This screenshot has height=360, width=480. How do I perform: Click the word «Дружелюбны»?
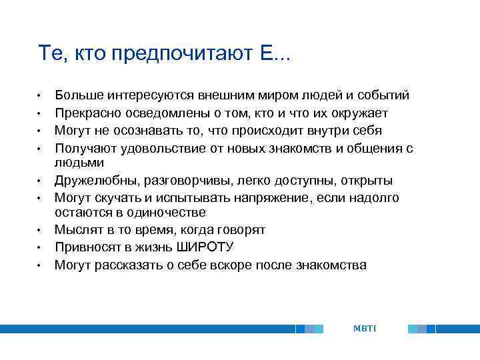(x=95, y=181)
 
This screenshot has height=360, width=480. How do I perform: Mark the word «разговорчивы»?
(x=187, y=181)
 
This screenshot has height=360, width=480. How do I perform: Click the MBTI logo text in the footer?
(x=365, y=328)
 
